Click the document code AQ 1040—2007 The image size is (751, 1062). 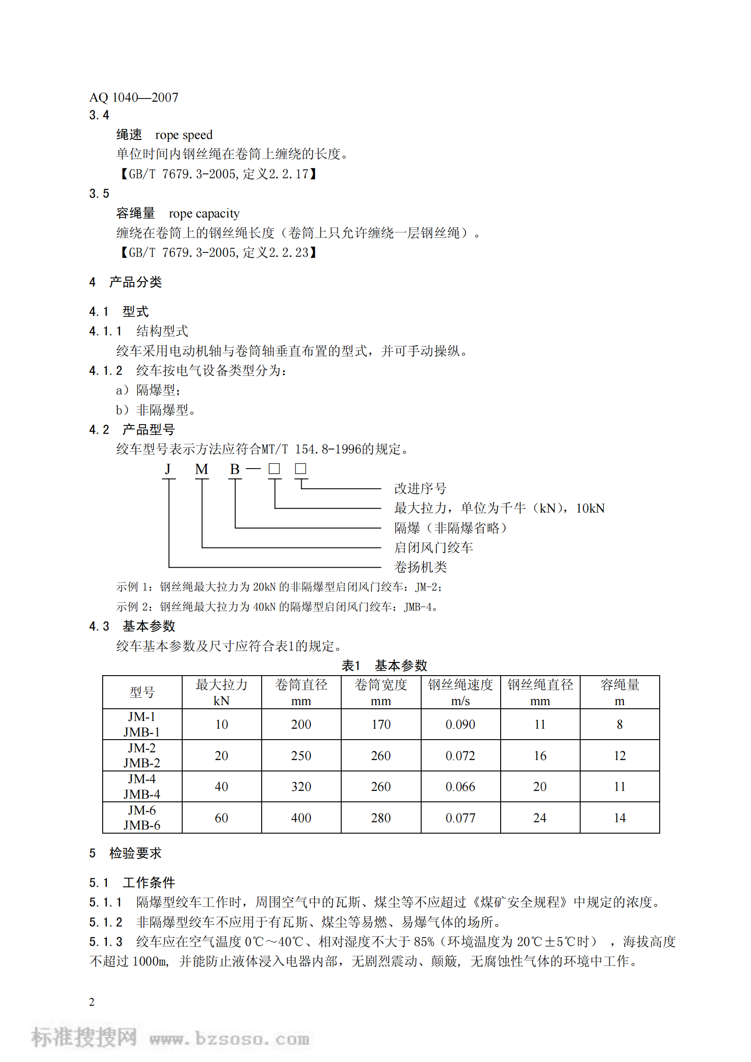[133, 98]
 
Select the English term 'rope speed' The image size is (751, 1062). [184, 135]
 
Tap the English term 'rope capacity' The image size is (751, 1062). [204, 214]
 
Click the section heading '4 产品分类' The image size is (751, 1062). [125, 282]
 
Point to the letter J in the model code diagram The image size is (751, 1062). [168, 469]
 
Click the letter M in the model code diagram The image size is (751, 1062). [201, 469]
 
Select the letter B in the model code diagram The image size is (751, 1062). [234, 469]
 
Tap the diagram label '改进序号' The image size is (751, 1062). [420, 489]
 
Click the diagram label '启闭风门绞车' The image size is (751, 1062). [433, 548]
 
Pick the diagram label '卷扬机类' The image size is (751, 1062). [420, 567]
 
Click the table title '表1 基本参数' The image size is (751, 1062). [384, 666]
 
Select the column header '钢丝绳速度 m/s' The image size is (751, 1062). [460, 692]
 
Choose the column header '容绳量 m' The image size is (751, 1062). [620, 692]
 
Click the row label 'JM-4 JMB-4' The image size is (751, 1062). [142, 786]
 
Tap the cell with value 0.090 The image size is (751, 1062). [460, 724]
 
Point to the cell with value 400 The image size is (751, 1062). [301, 818]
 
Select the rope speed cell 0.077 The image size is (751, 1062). [460, 818]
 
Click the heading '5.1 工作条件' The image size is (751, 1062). [132, 883]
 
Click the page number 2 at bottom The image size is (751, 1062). [92, 1002]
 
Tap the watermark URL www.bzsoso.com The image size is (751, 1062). [229, 1039]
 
